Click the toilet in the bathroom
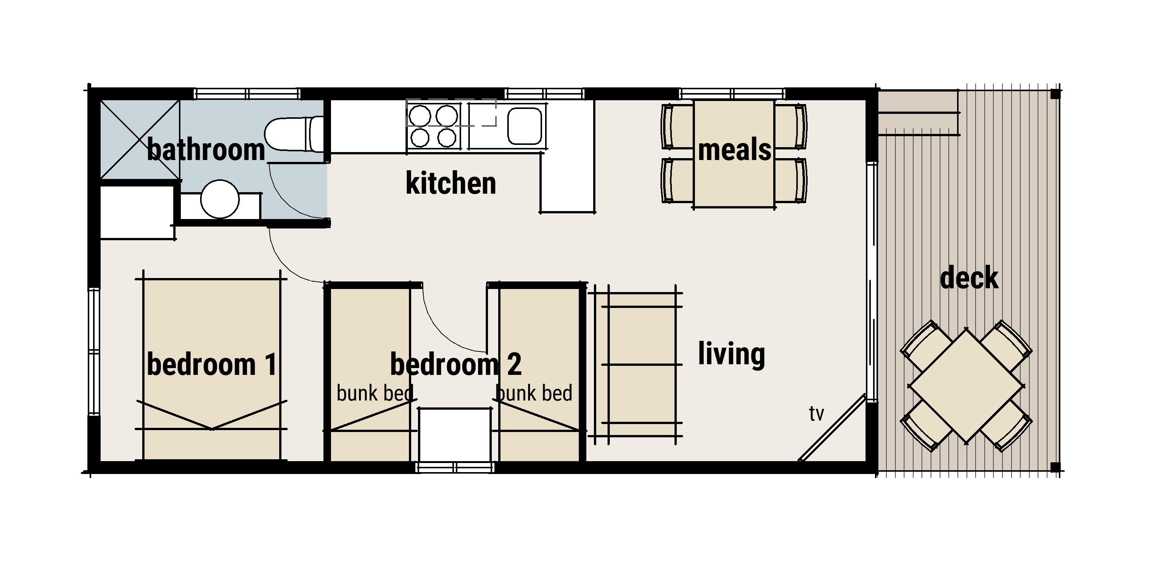(294, 134)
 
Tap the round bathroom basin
(220, 199)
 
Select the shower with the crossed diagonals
(140, 140)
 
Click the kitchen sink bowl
(525, 126)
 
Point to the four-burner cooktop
(434, 126)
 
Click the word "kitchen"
(451, 183)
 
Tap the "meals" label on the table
(734, 150)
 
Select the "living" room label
(731, 354)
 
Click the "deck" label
(969, 278)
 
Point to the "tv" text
(816, 414)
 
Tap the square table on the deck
(967, 387)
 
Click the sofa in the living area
(635, 365)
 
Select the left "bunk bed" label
(375, 393)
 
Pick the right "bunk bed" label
(534, 393)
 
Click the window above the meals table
(732, 94)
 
